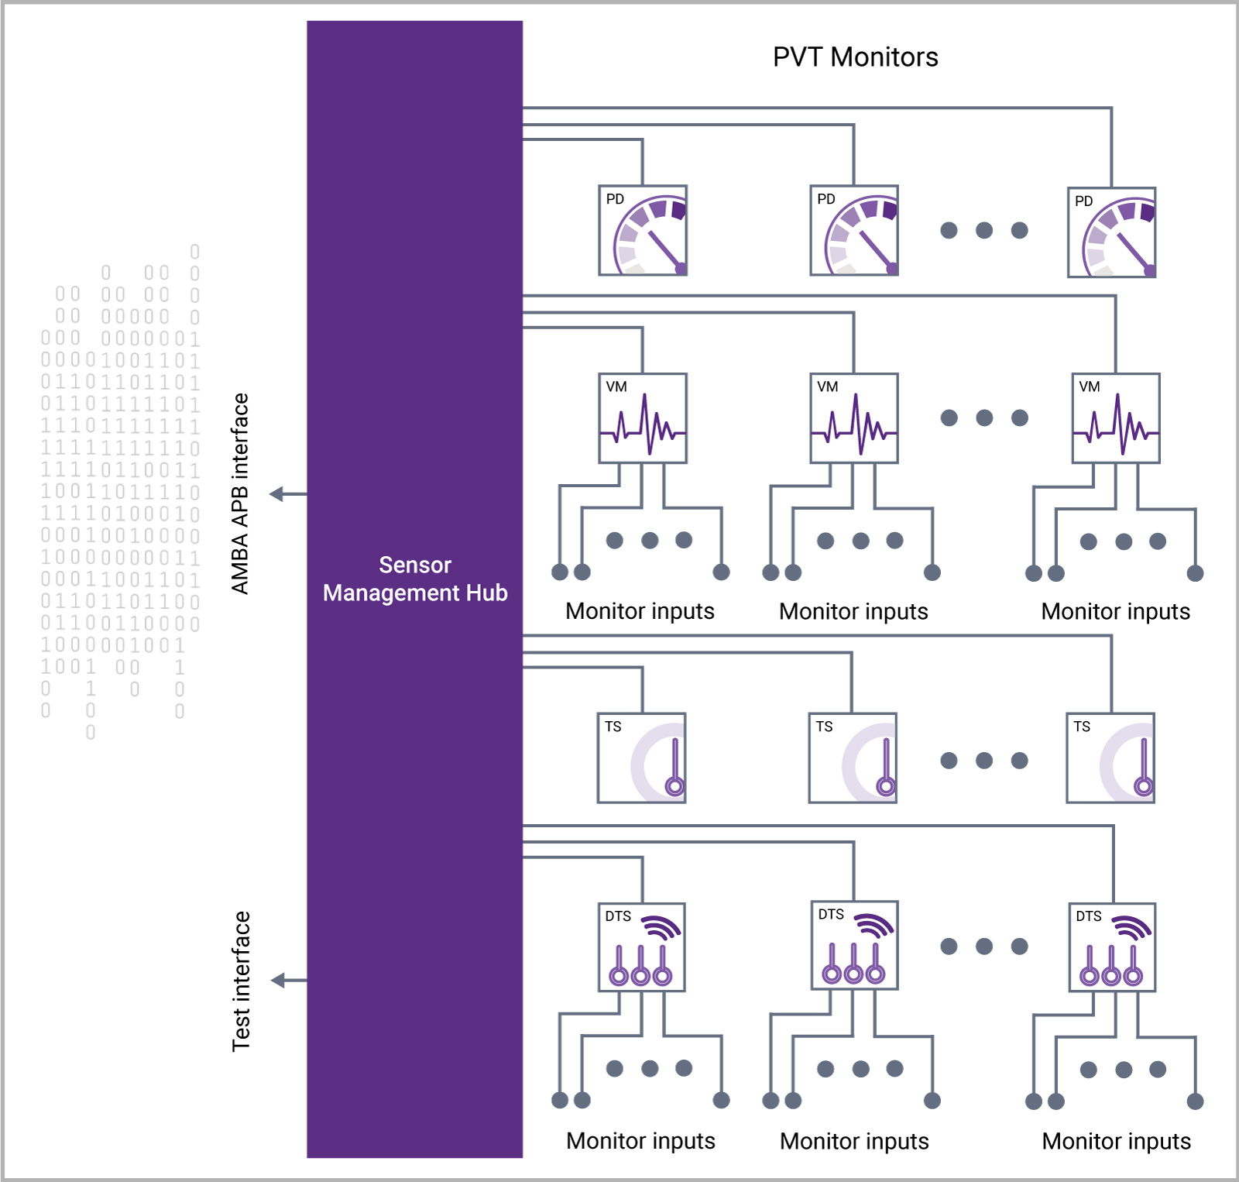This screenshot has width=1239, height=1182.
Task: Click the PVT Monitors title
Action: tap(855, 57)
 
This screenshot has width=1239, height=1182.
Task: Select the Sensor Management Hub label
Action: tap(415, 579)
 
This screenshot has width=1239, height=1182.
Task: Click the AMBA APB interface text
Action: tap(241, 493)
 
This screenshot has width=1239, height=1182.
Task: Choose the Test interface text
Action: tap(242, 981)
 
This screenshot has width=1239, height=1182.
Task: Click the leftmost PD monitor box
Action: tap(643, 230)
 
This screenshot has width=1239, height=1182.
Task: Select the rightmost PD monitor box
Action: tap(1111, 232)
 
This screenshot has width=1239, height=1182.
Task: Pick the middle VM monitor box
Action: tap(854, 418)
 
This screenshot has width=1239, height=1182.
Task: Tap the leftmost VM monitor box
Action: tap(643, 418)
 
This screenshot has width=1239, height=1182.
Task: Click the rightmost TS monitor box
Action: tap(1110, 758)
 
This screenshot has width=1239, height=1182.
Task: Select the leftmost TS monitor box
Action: tap(642, 758)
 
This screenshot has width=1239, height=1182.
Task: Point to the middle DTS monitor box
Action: tap(854, 945)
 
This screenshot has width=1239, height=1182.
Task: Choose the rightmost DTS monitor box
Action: tap(1112, 947)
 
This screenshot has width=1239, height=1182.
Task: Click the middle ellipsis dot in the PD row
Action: tap(984, 230)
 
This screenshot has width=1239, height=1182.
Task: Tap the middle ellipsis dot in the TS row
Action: tap(984, 761)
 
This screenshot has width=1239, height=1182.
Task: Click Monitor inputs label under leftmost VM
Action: tap(640, 611)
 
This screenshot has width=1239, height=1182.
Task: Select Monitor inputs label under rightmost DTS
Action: tap(1116, 1141)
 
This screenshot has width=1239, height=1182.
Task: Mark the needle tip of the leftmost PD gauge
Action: tap(681, 269)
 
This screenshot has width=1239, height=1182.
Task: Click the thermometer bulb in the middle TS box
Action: tap(886, 787)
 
